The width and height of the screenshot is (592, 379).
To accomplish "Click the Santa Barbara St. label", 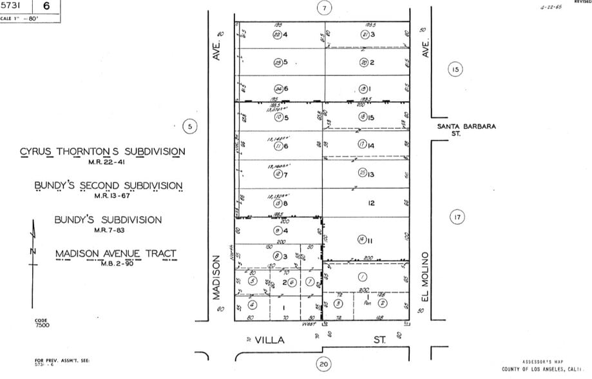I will (x=466, y=130).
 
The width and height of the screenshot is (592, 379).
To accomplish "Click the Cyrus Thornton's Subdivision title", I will (x=102, y=152).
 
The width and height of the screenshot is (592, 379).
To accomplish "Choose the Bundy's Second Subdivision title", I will (x=108, y=186).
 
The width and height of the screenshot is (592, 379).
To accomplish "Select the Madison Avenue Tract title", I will (x=115, y=253).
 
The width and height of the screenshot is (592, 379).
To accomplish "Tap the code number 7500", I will (x=42, y=326).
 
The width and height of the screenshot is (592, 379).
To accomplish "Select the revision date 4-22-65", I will (x=551, y=9).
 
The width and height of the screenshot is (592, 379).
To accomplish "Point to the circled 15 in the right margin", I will (x=455, y=70).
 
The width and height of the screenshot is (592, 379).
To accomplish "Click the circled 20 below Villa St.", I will (x=324, y=365).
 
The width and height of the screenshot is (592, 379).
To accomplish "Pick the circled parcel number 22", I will (x=277, y=35).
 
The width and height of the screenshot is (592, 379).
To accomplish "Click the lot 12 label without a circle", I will (x=372, y=203).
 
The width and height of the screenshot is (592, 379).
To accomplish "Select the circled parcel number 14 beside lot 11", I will (x=361, y=240).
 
